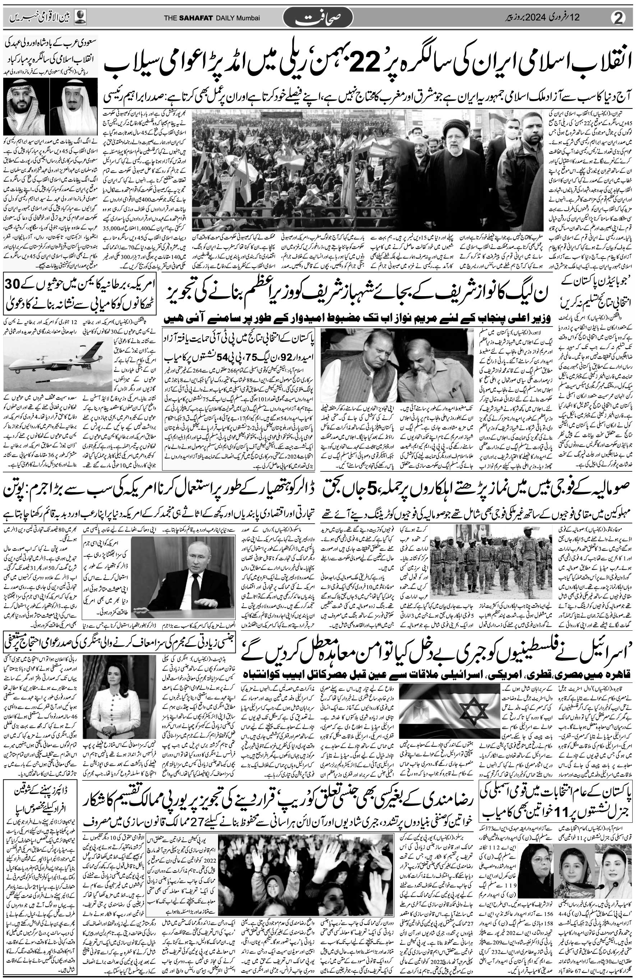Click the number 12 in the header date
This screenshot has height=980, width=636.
[596, 17]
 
